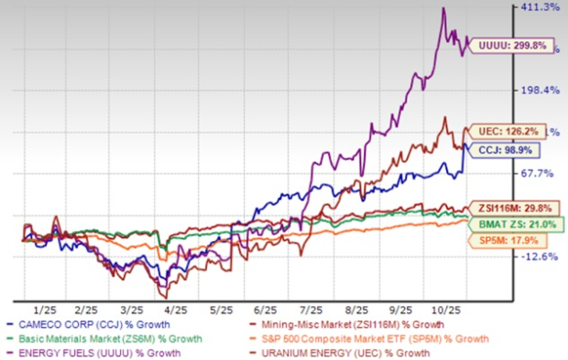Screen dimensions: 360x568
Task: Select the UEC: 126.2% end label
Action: pos(506,131)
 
